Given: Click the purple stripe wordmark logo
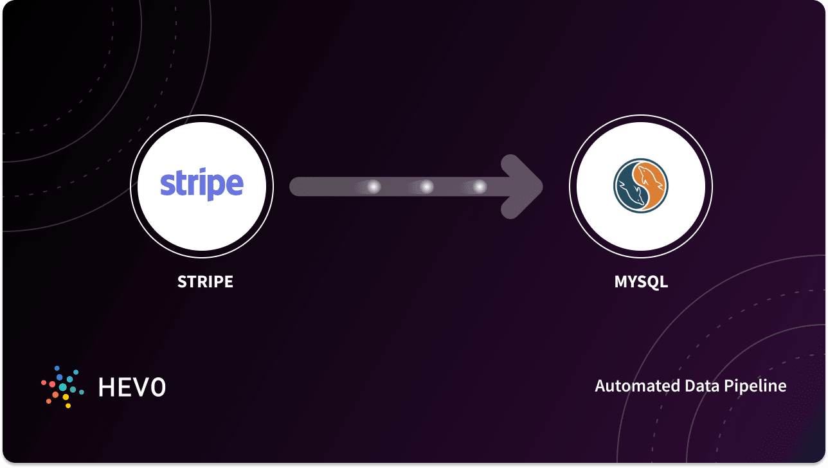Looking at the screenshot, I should coord(202,184).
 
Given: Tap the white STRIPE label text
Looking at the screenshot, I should coord(205,282).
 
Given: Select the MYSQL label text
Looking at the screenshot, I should coord(641,282).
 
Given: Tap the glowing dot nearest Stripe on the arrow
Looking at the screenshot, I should coord(373,186).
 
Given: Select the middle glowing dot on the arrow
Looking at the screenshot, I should coord(426,186).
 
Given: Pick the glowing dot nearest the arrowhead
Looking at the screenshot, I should coord(479,186).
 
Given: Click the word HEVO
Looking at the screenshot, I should coord(132,387).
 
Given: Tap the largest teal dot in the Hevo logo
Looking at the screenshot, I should coord(63,387).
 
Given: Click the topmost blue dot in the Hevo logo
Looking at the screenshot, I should coord(57,368).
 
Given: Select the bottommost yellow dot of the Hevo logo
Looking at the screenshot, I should coord(68,406).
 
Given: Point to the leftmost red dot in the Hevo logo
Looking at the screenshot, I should coord(43,382).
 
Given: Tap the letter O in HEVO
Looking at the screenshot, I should coord(157,387).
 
